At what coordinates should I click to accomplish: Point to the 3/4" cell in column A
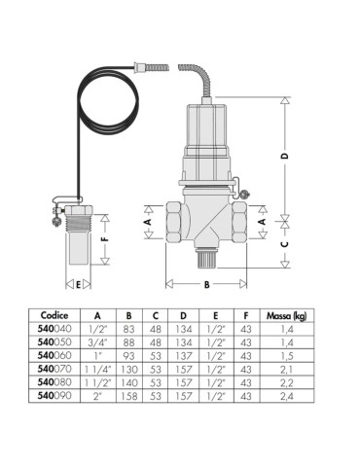coord(97,343)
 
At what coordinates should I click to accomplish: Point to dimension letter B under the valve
coord(206,285)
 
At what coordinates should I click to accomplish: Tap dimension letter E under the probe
coord(77,284)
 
